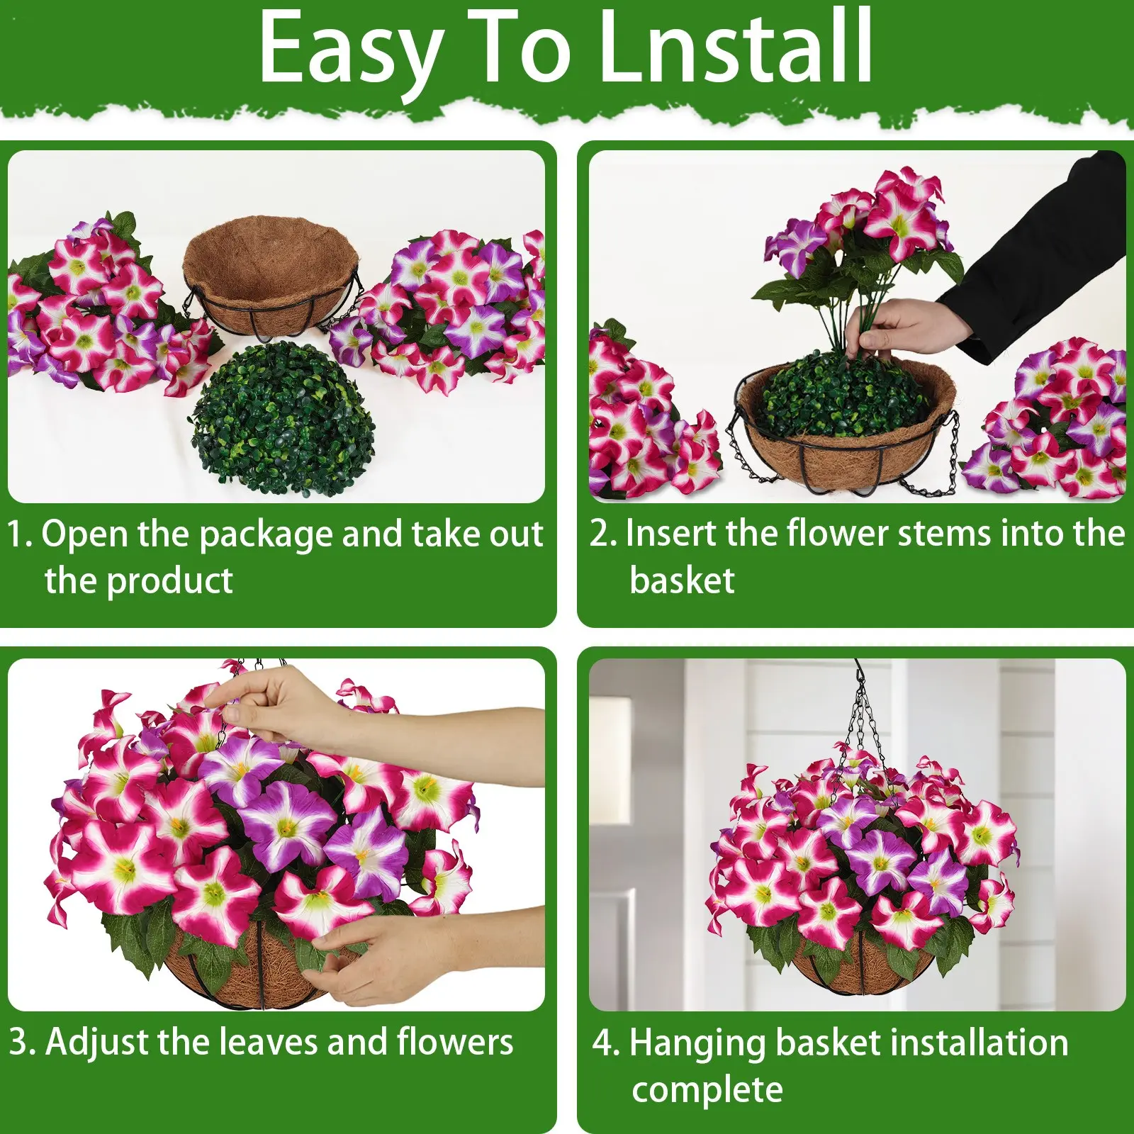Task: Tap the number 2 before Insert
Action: point(600,534)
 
